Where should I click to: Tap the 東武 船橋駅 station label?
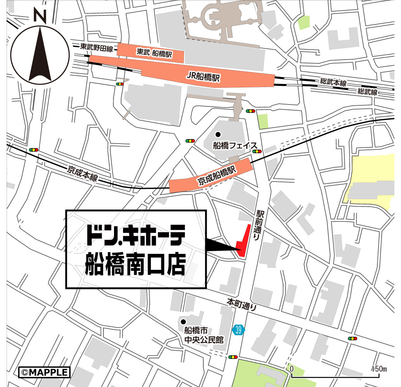tap(154, 52)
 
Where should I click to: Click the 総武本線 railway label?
tap(333, 82)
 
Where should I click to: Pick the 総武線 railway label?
tap(367, 91)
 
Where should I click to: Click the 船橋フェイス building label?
tap(235, 146)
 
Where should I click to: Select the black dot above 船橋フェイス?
tap(218, 134)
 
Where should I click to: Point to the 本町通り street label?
tap(242, 304)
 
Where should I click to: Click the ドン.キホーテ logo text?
tap(135, 235)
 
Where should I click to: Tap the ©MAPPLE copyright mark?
tap(44, 372)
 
